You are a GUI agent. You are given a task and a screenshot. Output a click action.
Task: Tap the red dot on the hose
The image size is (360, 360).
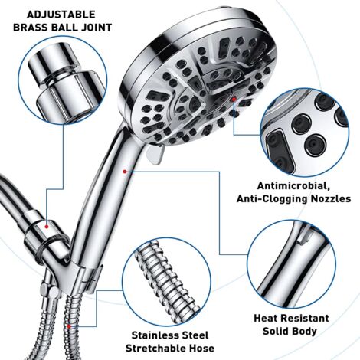click(x=70, y=324)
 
